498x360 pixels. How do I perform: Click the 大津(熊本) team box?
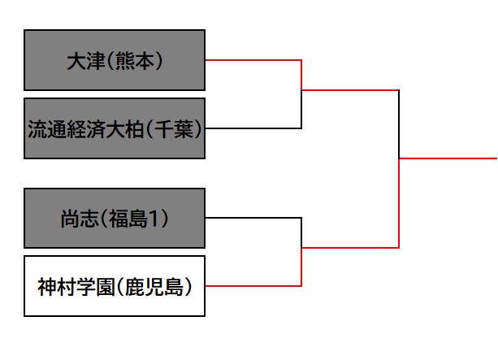(x=114, y=60)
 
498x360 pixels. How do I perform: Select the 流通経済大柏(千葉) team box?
(x=114, y=128)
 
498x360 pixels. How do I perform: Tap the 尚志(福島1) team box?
(x=114, y=218)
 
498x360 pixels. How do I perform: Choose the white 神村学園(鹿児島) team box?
(x=114, y=286)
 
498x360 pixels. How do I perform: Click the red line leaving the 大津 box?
(x=253, y=60)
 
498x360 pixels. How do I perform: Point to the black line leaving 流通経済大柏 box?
(x=253, y=128)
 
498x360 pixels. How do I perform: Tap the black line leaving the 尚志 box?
(x=253, y=218)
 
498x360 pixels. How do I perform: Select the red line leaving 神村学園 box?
(x=253, y=286)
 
